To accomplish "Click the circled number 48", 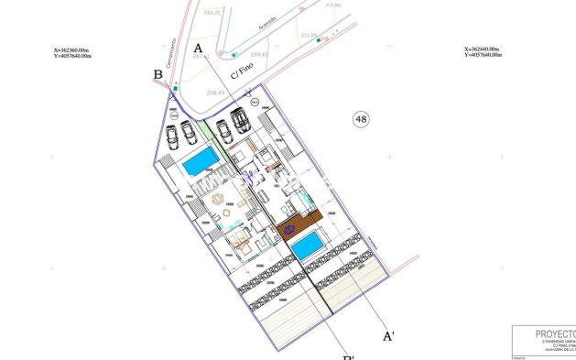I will click(x=361, y=119).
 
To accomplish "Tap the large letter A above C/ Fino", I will click(x=198, y=48).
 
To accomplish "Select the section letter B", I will click(x=158, y=75).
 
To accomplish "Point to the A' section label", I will click(x=388, y=337).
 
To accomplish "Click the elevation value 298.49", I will click(x=216, y=93).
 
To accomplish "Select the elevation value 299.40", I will click(x=259, y=55).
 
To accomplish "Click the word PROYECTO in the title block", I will click(x=547, y=333).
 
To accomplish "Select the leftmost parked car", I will click(x=172, y=136).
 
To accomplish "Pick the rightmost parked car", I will click(x=242, y=120).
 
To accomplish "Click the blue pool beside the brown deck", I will click(x=308, y=245).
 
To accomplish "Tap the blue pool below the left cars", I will click(x=201, y=163).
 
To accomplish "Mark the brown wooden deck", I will click(x=298, y=224).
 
